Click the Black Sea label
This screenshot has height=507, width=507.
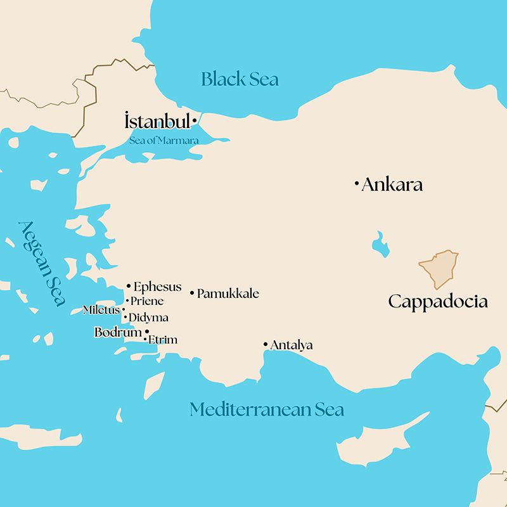(x=240, y=79)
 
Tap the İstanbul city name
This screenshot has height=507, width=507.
(x=157, y=120)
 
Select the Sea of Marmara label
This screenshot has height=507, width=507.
(x=164, y=140)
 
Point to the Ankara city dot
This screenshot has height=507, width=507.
(x=357, y=184)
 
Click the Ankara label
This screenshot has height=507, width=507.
(x=392, y=185)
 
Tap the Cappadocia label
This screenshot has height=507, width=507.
(x=438, y=301)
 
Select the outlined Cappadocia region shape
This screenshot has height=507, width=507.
(x=439, y=269)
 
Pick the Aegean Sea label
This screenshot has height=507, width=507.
(x=42, y=263)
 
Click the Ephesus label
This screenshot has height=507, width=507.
(x=157, y=287)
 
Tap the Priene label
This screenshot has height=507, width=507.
(x=147, y=301)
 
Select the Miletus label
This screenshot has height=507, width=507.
(x=101, y=310)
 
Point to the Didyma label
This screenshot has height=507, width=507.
(x=148, y=318)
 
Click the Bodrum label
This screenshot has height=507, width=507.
(x=118, y=332)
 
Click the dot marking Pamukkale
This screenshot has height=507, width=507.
(x=192, y=292)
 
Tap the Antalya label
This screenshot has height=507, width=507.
(x=292, y=345)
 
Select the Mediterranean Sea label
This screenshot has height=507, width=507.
(x=267, y=409)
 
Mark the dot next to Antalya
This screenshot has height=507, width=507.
(x=266, y=344)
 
